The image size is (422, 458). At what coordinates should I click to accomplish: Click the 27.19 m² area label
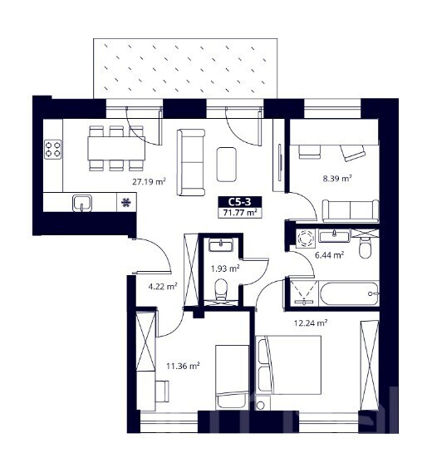[150, 182]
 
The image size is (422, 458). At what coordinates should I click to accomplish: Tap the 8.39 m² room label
[337, 179]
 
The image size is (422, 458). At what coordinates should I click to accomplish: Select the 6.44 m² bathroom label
[329, 255]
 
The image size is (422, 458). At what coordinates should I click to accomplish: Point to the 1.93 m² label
[225, 268]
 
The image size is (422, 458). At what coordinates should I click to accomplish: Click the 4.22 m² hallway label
[163, 287]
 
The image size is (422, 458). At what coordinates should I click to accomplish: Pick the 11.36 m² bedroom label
[183, 366]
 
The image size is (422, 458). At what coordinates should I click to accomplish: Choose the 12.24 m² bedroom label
[311, 323]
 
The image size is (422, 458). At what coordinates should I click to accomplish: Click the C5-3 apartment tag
[240, 202]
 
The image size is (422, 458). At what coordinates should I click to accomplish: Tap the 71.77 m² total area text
[240, 212]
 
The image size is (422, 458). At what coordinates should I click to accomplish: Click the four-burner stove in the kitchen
[53, 150]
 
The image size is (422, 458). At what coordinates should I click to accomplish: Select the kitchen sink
[82, 203]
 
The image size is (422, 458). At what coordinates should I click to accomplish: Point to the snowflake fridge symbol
[126, 202]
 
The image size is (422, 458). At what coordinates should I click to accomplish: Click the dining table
[116, 149]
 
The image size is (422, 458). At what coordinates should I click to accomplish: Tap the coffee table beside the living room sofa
[226, 164]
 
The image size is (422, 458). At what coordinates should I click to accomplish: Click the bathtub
[350, 293]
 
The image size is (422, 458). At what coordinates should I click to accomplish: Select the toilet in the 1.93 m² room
[221, 289]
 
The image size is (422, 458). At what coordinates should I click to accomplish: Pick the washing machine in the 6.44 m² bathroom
[306, 239]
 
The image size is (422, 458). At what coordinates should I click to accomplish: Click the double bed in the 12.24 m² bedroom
[288, 365]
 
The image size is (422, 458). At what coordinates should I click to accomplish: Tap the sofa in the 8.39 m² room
[351, 211]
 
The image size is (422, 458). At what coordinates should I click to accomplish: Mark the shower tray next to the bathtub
[302, 293]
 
